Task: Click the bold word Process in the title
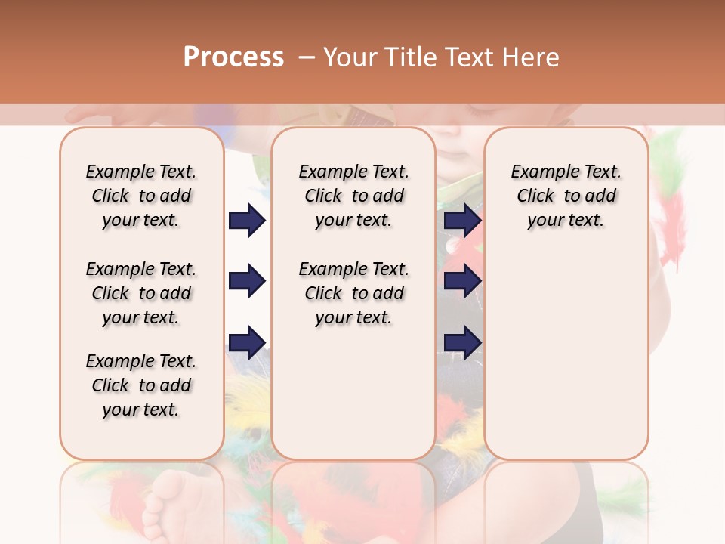click(233, 57)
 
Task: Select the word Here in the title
click(532, 57)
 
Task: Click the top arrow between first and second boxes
click(247, 221)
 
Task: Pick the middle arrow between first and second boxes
click(247, 282)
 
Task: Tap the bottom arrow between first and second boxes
click(247, 343)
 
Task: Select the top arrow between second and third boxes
click(462, 221)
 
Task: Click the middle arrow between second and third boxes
click(462, 282)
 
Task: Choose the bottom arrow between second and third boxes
click(462, 343)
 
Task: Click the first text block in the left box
click(141, 196)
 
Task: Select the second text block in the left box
click(141, 293)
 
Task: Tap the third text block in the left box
click(141, 385)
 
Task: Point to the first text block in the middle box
click(353, 196)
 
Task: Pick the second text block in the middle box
click(353, 293)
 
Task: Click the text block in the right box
click(566, 196)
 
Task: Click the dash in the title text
click(307, 57)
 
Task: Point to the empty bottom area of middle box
click(353, 400)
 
